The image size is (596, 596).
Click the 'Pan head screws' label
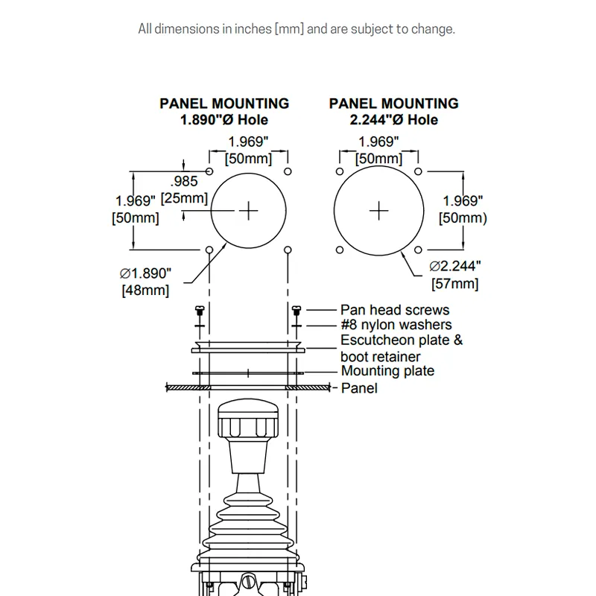click(395, 310)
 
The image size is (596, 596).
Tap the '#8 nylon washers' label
click(396, 325)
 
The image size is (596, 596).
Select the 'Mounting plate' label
click(387, 370)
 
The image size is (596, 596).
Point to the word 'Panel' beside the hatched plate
click(359, 388)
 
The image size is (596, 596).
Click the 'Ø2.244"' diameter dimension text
click(455, 266)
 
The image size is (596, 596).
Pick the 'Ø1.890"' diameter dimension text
click(145, 273)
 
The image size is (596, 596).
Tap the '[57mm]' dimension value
click(455, 284)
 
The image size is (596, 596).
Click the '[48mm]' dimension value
click(145, 291)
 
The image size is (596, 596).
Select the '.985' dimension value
click(184, 181)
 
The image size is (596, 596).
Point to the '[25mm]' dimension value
click(184, 198)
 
